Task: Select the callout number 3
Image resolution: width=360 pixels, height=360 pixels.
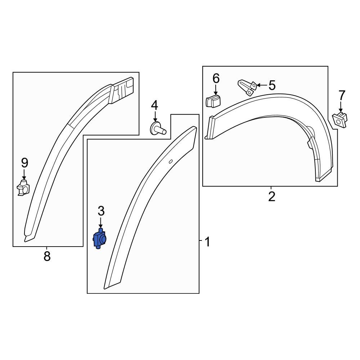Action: click(101, 211)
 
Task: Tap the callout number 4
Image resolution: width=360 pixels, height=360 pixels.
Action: click(154, 105)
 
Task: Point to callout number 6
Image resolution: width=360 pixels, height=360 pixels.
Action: click(216, 78)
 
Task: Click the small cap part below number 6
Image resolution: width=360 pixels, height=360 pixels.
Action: click(213, 102)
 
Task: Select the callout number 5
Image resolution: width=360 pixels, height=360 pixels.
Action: click(272, 85)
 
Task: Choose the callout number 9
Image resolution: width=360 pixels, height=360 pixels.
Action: click(24, 163)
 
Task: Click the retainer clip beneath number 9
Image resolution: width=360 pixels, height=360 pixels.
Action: click(24, 188)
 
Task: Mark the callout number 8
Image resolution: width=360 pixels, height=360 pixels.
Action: click(47, 256)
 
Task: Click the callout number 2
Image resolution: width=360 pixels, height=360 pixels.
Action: click(271, 196)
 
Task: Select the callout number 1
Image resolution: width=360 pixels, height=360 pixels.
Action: click(207, 242)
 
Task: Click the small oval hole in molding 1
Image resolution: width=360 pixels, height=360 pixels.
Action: click(171, 161)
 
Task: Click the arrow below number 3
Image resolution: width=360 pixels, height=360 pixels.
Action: click(101, 223)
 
